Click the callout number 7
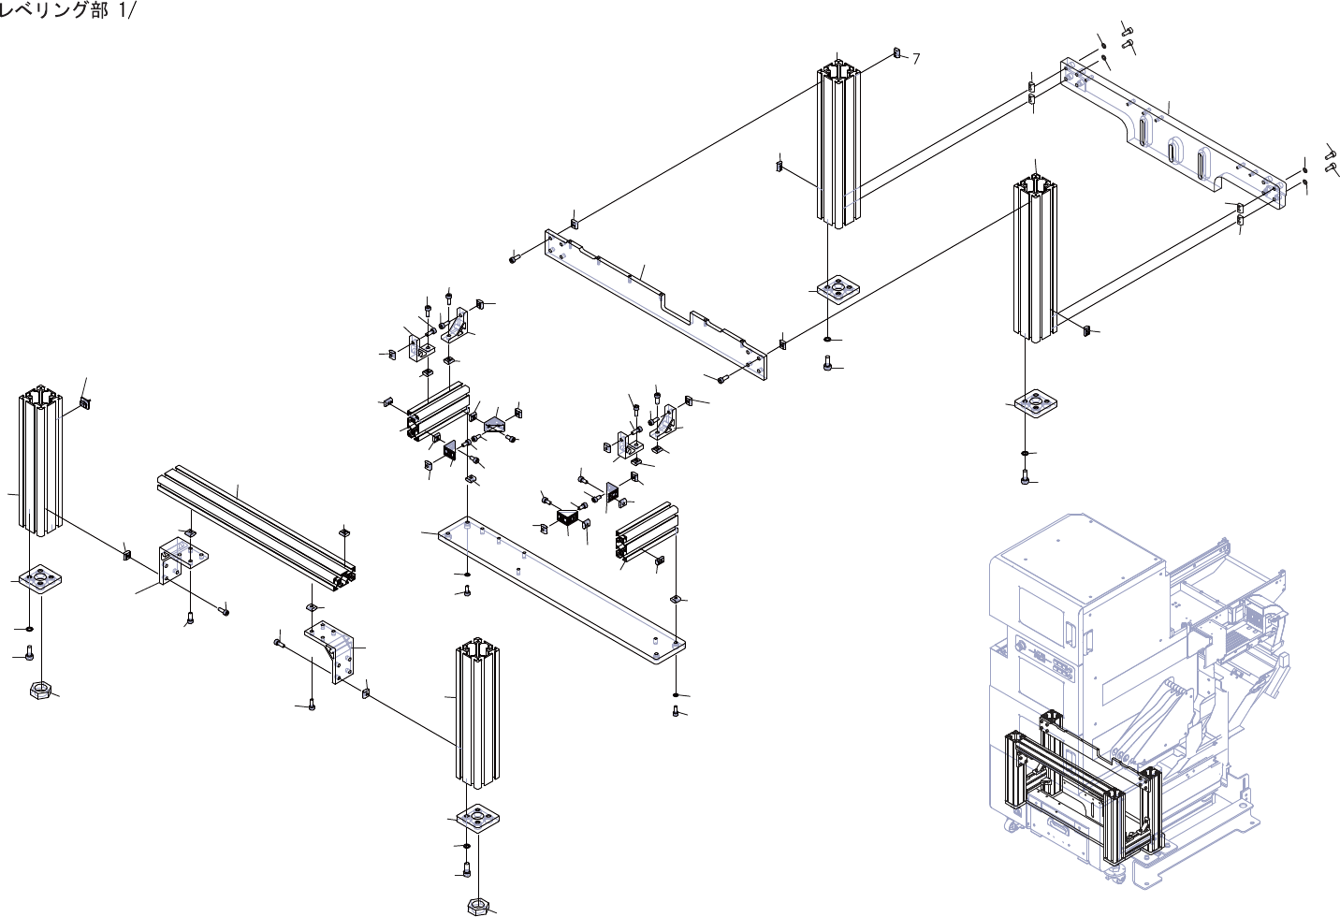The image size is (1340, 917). tap(916, 59)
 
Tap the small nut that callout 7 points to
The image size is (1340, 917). tap(896, 52)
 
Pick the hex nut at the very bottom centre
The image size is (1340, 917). tap(477, 906)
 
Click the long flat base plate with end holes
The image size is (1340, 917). tap(561, 589)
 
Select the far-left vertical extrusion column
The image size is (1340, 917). tap(39, 463)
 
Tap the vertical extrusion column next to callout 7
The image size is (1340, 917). tap(839, 145)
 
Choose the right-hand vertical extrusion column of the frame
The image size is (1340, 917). tap(1035, 257)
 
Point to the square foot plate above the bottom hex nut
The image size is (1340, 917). tap(477, 819)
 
